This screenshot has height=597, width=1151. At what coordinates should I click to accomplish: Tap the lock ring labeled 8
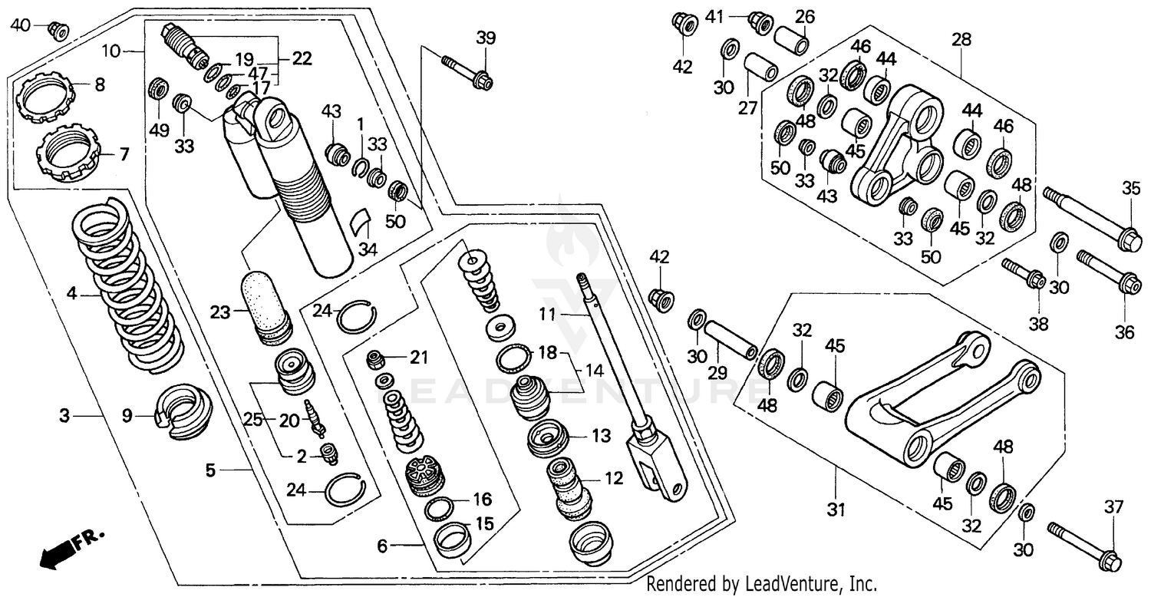[46, 97]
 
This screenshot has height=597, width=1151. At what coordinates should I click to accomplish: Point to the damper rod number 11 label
[546, 315]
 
